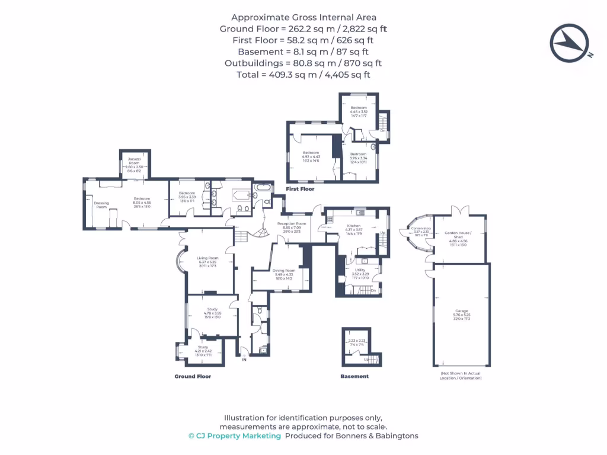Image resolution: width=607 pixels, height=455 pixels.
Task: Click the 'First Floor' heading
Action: click(300, 189)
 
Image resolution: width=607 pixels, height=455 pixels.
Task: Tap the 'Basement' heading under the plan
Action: click(354, 376)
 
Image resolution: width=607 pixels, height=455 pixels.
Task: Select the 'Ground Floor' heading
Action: click(193, 376)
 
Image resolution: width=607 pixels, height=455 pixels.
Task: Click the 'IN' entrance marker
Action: click(244, 359)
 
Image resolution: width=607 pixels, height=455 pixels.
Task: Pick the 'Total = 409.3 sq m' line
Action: click(303, 75)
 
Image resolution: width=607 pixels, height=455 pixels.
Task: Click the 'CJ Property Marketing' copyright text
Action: click(235, 435)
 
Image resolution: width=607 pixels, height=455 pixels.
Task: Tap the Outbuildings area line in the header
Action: click(303, 63)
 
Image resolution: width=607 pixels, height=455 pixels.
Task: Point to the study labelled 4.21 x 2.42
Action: click(199, 352)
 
